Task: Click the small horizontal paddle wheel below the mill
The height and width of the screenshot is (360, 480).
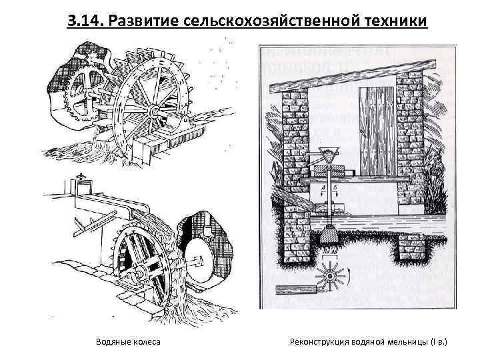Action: tap(330, 275)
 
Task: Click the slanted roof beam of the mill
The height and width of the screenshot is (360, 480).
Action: tap(347, 73)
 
